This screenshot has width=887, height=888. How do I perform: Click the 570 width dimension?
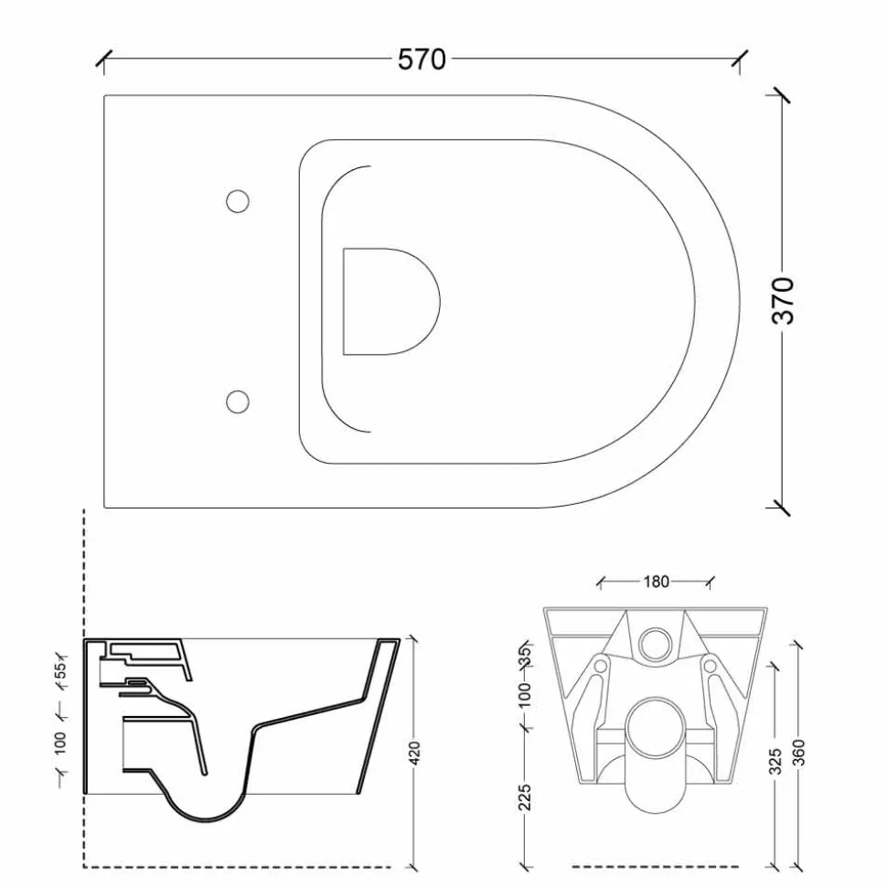[422, 59]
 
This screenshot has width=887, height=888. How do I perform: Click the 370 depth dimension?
[783, 300]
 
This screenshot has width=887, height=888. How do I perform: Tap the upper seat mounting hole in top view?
[238, 201]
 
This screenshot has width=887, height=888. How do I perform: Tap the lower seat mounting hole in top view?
[238, 401]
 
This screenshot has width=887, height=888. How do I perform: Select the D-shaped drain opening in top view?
[391, 301]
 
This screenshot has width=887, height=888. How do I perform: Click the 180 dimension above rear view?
[656, 582]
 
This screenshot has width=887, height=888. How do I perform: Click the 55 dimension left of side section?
[60, 670]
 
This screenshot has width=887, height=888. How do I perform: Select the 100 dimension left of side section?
[60, 743]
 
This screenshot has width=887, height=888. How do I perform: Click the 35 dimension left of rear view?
[526, 655]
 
